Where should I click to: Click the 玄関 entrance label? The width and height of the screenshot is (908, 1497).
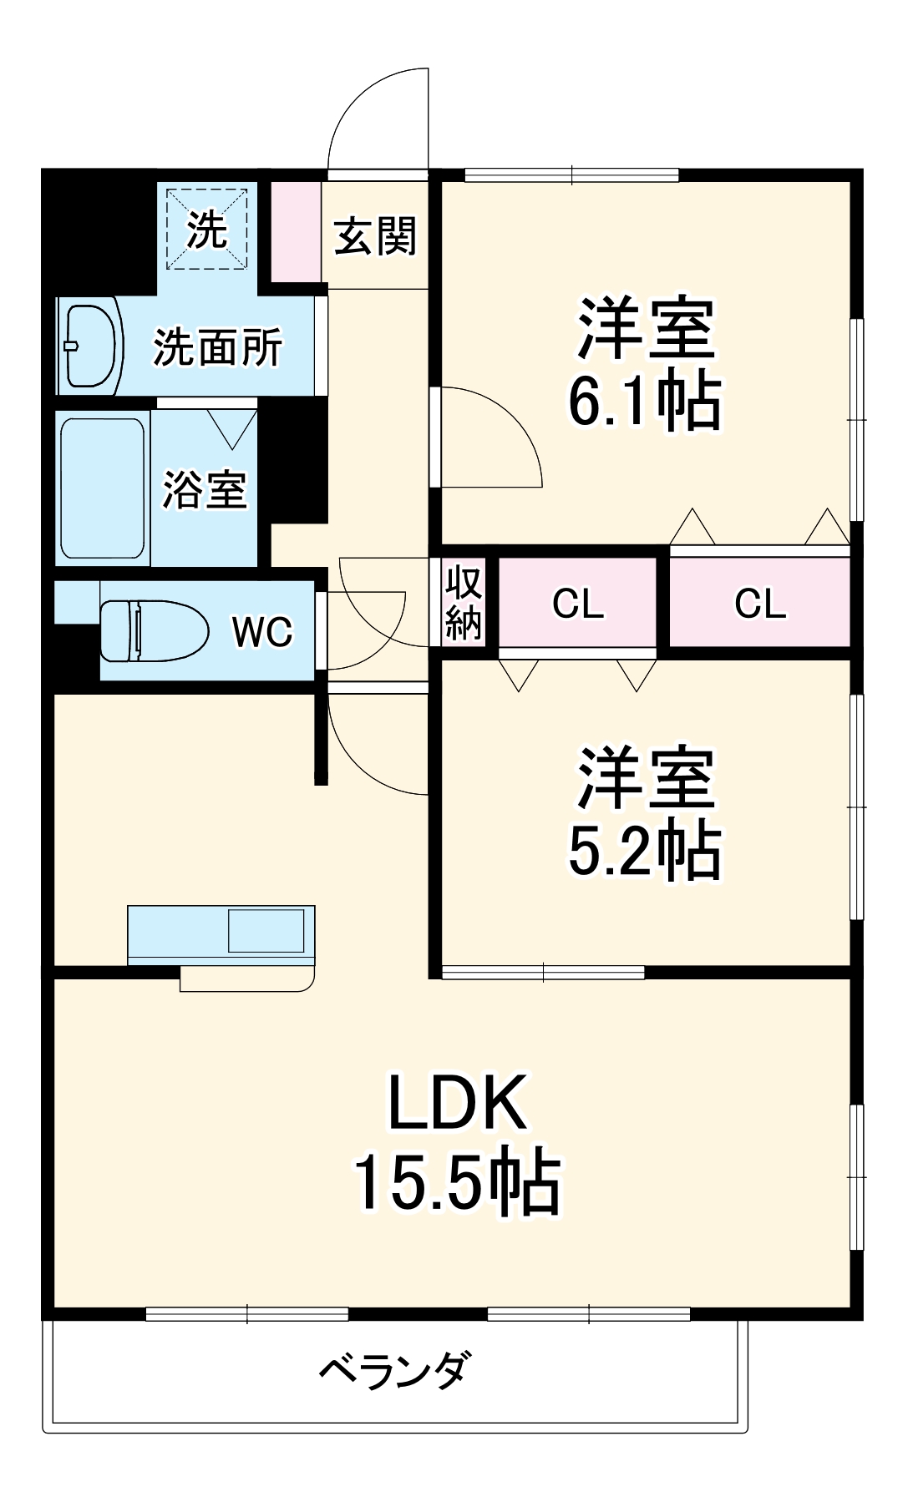tap(375, 237)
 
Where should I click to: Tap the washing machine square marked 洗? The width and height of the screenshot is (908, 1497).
tap(207, 230)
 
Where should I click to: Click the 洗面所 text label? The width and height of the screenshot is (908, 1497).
tap(218, 347)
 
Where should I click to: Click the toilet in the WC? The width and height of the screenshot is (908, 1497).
tap(155, 630)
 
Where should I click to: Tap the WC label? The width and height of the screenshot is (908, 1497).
tap(262, 632)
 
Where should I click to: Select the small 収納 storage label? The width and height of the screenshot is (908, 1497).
tap(464, 603)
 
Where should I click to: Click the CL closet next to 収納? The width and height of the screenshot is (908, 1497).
tap(578, 603)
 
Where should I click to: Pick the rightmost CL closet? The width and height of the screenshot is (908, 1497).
tap(759, 603)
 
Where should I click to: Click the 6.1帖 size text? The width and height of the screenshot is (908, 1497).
tap(644, 402)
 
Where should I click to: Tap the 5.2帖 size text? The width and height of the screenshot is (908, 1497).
tap(644, 852)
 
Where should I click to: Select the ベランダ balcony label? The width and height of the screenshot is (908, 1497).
tap(394, 1370)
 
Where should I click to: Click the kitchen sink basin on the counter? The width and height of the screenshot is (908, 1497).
tap(266, 931)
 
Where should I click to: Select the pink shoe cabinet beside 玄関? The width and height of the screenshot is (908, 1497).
tap(296, 231)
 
